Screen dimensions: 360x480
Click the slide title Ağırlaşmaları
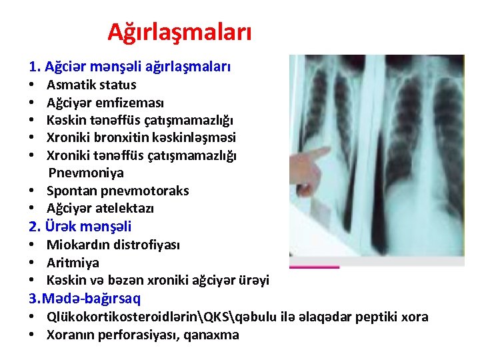(179, 31)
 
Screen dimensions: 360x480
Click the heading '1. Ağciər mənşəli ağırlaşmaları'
(130, 67)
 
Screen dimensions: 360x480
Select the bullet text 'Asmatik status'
(91, 85)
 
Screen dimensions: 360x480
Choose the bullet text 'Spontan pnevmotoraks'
(118, 191)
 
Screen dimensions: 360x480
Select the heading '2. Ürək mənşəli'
(80, 227)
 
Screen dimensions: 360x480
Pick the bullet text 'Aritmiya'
(73, 263)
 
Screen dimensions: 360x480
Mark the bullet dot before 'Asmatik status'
(32, 85)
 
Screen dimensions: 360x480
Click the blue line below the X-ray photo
(314, 267)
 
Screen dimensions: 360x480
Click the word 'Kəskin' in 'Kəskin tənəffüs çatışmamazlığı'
(65, 120)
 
